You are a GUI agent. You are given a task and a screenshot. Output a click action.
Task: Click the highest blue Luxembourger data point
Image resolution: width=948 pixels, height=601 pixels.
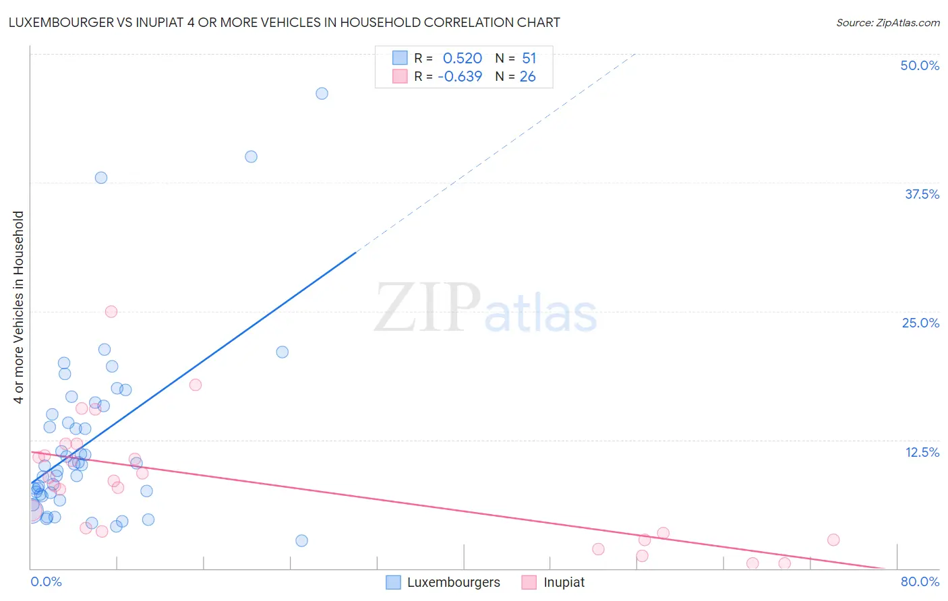point(322,94)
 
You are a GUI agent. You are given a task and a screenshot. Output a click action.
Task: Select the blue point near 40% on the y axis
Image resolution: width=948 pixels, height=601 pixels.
point(251,156)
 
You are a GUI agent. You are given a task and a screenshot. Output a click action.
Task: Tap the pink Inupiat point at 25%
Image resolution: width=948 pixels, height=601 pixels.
point(111,311)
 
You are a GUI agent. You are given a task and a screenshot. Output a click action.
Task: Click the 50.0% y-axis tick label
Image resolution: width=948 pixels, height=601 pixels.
point(920,65)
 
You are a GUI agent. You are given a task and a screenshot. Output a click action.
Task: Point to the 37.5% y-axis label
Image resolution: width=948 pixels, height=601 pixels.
point(922,194)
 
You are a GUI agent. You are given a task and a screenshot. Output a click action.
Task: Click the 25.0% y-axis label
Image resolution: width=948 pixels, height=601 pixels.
point(920,323)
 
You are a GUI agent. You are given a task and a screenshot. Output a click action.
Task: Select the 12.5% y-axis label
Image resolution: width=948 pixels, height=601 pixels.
point(922,452)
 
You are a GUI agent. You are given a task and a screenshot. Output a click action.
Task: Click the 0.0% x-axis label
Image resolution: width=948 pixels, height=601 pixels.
point(46,581)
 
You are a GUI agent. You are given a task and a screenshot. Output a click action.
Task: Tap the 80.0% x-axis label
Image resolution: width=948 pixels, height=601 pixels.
point(920,581)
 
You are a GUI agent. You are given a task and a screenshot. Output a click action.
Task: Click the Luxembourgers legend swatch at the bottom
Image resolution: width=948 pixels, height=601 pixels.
point(394,582)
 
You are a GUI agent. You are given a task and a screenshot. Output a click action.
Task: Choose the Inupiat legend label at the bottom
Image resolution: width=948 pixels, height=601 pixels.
point(564,582)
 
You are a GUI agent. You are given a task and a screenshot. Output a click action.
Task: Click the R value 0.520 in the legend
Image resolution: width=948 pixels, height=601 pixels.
point(462,59)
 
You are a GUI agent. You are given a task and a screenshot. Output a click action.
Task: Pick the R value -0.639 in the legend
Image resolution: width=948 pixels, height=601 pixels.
point(460,77)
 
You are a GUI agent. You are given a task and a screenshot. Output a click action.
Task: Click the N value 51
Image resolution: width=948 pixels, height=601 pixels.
point(529,59)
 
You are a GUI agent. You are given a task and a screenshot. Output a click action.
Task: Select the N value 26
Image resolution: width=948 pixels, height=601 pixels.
point(527,77)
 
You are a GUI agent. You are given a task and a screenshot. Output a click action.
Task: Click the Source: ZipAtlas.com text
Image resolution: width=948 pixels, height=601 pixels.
point(887,22)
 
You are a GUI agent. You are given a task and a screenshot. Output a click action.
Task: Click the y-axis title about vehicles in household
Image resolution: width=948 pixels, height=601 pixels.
point(18,307)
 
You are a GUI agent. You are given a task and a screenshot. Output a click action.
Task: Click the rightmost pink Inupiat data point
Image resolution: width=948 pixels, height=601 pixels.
point(833,540)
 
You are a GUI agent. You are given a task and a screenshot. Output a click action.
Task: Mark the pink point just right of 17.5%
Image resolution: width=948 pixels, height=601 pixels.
point(196,385)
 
